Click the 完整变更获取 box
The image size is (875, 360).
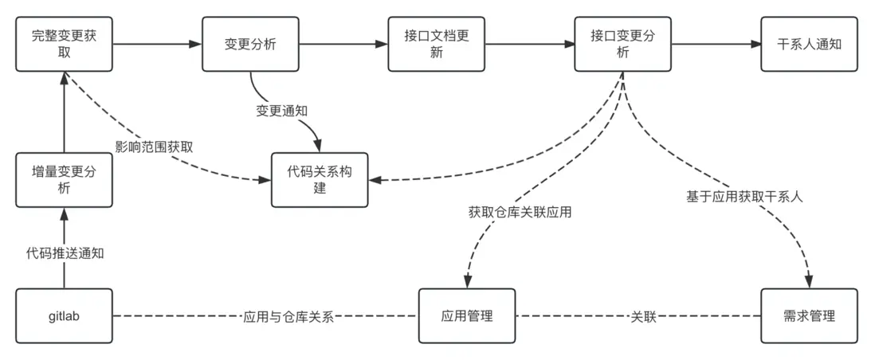click(x=65, y=44)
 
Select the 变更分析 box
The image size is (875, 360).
click(x=250, y=44)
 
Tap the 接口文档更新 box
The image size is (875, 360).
click(x=436, y=44)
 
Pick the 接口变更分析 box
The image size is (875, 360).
click(x=622, y=44)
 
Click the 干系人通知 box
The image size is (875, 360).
click(x=809, y=44)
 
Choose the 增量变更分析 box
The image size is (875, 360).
click(x=65, y=179)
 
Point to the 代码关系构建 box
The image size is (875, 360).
click(x=320, y=179)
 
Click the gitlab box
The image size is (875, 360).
click(x=65, y=316)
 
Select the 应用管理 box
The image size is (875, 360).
click(x=467, y=316)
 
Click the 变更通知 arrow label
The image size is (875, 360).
click(x=281, y=111)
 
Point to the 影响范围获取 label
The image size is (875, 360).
click(x=154, y=147)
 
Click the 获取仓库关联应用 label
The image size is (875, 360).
click(x=520, y=212)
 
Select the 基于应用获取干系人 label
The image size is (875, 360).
click(x=744, y=196)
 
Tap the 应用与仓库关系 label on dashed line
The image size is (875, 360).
click(x=288, y=316)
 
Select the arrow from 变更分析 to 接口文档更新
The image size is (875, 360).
click(x=343, y=44)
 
